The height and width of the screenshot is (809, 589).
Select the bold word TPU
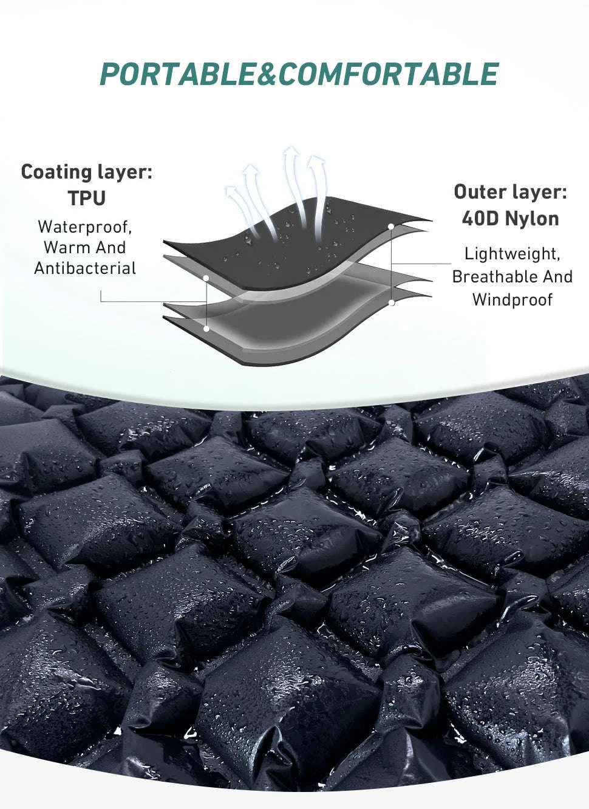(x=87, y=197)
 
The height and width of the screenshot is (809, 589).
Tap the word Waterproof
(x=85, y=227)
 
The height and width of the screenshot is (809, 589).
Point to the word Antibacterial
(x=85, y=268)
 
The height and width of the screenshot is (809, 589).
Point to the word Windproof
(x=512, y=300)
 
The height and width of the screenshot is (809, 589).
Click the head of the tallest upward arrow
(x=292, y=153)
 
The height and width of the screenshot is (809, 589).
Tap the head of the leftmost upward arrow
(x=232, y=192)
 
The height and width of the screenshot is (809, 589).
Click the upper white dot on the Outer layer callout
(x=391, y=227)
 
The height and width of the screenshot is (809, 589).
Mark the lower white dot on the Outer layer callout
(x=392, y=302)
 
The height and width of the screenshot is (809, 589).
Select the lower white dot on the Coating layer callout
(x=206, y=329)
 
